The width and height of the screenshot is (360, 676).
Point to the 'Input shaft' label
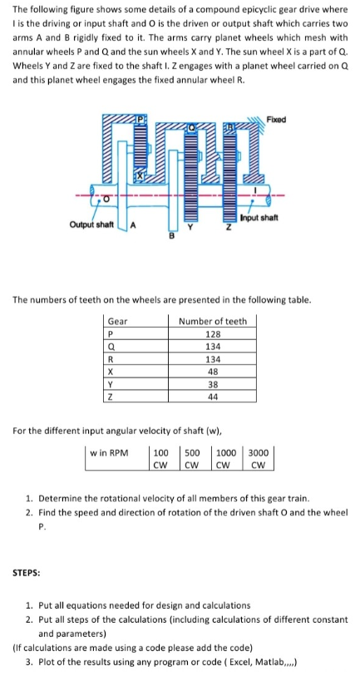click(259, 219)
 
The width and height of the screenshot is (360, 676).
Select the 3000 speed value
click(259, 454)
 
